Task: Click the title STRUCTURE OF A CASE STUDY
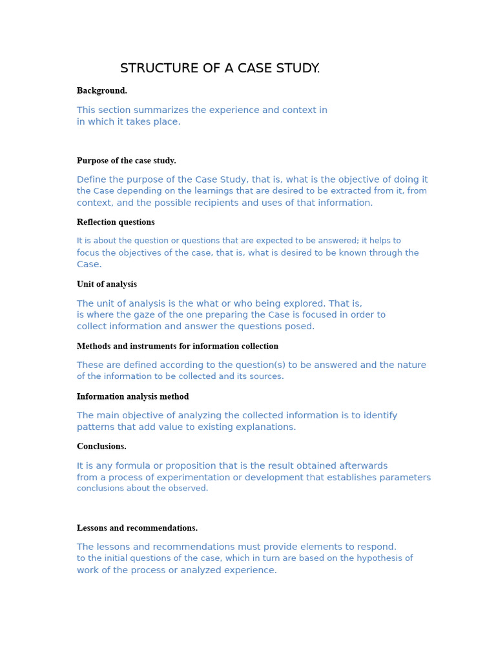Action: coord(220,68)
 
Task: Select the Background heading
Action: coord(102,91)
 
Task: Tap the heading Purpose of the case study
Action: coord(126,161)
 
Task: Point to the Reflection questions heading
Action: coord(116,222)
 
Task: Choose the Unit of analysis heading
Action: coord(107,284)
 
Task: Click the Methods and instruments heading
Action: coord(178,346)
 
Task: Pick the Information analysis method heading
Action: coord(132,396)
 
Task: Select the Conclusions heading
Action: coord(101,446)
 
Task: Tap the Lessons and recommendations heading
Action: coord(137,528)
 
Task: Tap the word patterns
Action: coord(97,427)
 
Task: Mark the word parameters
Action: coord(402,478)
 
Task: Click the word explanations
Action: coord(267,427)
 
